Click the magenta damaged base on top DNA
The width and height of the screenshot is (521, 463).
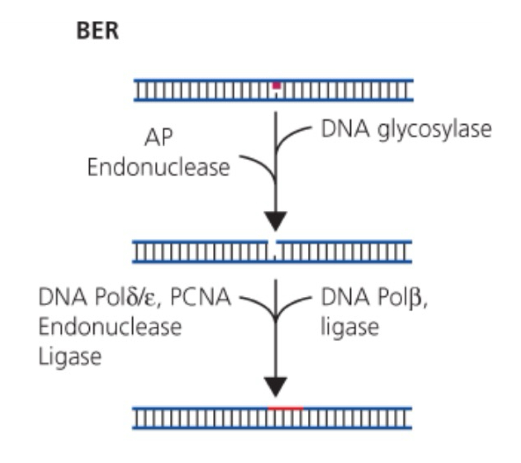(276, 85)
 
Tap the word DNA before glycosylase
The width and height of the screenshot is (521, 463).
(342, 130)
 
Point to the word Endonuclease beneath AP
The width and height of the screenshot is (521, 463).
(158, 168)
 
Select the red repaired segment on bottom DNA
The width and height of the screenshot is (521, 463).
(285, 408)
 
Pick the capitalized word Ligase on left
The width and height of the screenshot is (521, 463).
(69, 357)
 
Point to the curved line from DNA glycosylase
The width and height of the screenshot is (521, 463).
(292, 134)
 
